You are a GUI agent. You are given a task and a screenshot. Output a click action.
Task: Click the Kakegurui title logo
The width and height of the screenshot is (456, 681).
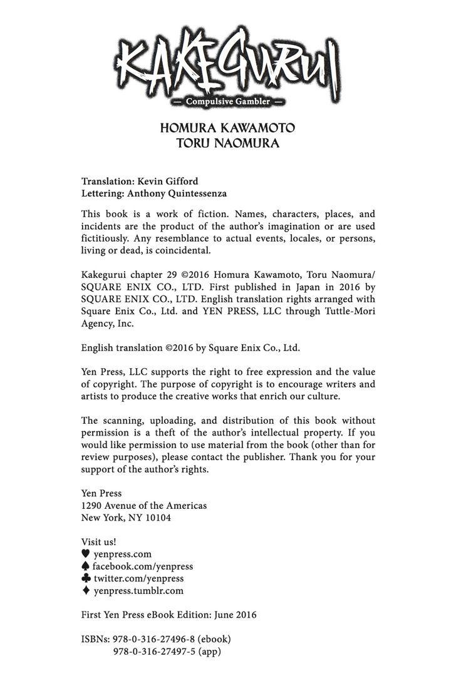coord(228,63)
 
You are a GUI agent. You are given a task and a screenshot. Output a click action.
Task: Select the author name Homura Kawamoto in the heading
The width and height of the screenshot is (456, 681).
coord(227,128)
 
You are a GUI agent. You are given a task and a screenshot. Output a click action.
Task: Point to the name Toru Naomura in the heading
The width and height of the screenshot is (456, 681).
coord(227,143)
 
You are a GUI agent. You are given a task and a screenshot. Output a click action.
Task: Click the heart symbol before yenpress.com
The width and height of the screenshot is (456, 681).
coord(86,554)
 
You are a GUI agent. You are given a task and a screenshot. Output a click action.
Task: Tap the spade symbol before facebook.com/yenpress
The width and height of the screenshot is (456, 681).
coord(86,566)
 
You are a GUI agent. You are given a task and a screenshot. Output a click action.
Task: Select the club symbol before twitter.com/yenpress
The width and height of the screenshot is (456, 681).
coord(86,578)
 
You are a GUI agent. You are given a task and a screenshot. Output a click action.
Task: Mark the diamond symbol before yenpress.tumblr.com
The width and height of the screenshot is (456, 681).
coord(86,590)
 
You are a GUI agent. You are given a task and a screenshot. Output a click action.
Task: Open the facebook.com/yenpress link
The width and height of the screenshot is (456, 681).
coord(143,566)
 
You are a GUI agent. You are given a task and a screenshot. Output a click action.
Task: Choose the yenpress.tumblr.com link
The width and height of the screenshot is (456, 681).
coord(138,590)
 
